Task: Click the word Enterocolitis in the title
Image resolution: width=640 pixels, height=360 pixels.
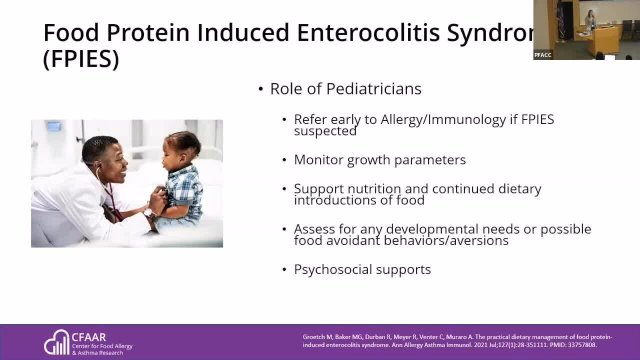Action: pos(368,32)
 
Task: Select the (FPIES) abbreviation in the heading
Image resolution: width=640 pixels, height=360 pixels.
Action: pos(81,58)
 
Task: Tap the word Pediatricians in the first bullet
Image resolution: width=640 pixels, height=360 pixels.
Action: pos(373,88)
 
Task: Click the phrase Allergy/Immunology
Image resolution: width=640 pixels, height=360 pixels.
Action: pos(443,119)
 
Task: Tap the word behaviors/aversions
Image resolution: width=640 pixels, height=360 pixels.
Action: pos(446,240)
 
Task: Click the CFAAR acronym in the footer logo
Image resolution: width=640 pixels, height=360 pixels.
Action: pos(89,337)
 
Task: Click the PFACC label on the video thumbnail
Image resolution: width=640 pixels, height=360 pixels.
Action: pos(543,55)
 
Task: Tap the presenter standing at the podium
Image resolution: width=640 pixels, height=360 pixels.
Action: pos(590,23)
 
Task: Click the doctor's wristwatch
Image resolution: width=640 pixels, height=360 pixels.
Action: pos(148,212)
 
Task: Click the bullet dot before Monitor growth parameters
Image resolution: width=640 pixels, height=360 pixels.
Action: pos(284,160)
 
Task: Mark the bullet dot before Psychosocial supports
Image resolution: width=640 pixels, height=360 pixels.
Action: pos(284,269)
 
